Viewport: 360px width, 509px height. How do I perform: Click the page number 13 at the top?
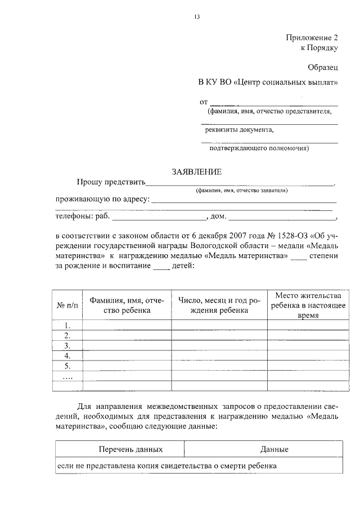click(197, 16)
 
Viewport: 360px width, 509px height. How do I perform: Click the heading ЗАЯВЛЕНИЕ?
click(197, 172)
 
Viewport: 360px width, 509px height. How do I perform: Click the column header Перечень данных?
click(130, 449)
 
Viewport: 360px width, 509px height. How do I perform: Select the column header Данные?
click(274, 449)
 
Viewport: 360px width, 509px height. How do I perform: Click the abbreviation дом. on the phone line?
click(218, 216)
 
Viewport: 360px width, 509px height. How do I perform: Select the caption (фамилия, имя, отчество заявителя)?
click(242, 191)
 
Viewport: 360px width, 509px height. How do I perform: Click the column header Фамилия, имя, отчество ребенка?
click(127, 305)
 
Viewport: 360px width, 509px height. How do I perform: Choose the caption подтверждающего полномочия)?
click(259, 149)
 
